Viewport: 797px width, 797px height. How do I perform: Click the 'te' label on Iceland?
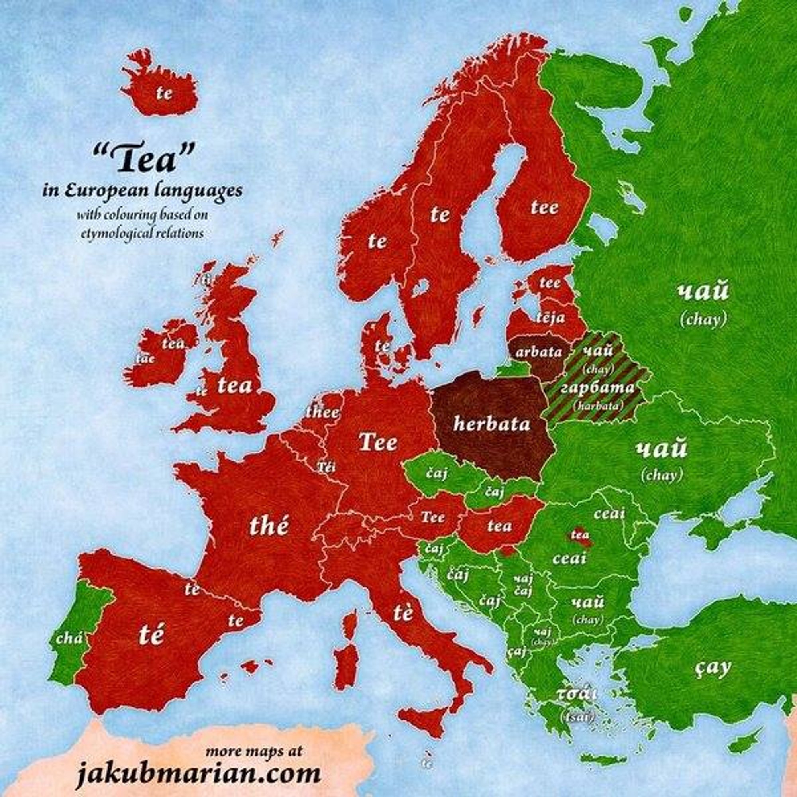[x=164, y=94]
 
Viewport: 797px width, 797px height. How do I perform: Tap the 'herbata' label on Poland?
[x=491, y=424]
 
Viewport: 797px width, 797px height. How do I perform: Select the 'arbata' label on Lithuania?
[x=538, y=352]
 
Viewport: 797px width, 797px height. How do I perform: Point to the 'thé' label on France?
[x=268, y=527]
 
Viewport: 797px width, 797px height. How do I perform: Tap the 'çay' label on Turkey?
[x=713, y=669]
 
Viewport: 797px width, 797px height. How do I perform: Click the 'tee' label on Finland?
[x=544, y=208]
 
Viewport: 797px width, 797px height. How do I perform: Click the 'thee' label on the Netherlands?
[x=323, y=413]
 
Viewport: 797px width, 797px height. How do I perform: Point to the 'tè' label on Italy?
[x=402, y=613]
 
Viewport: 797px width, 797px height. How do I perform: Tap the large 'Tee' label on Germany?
[x=378, y=443]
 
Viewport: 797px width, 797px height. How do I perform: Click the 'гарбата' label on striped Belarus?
[x=598, y=388]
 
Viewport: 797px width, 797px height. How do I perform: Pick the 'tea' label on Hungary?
[x=499, y=526]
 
